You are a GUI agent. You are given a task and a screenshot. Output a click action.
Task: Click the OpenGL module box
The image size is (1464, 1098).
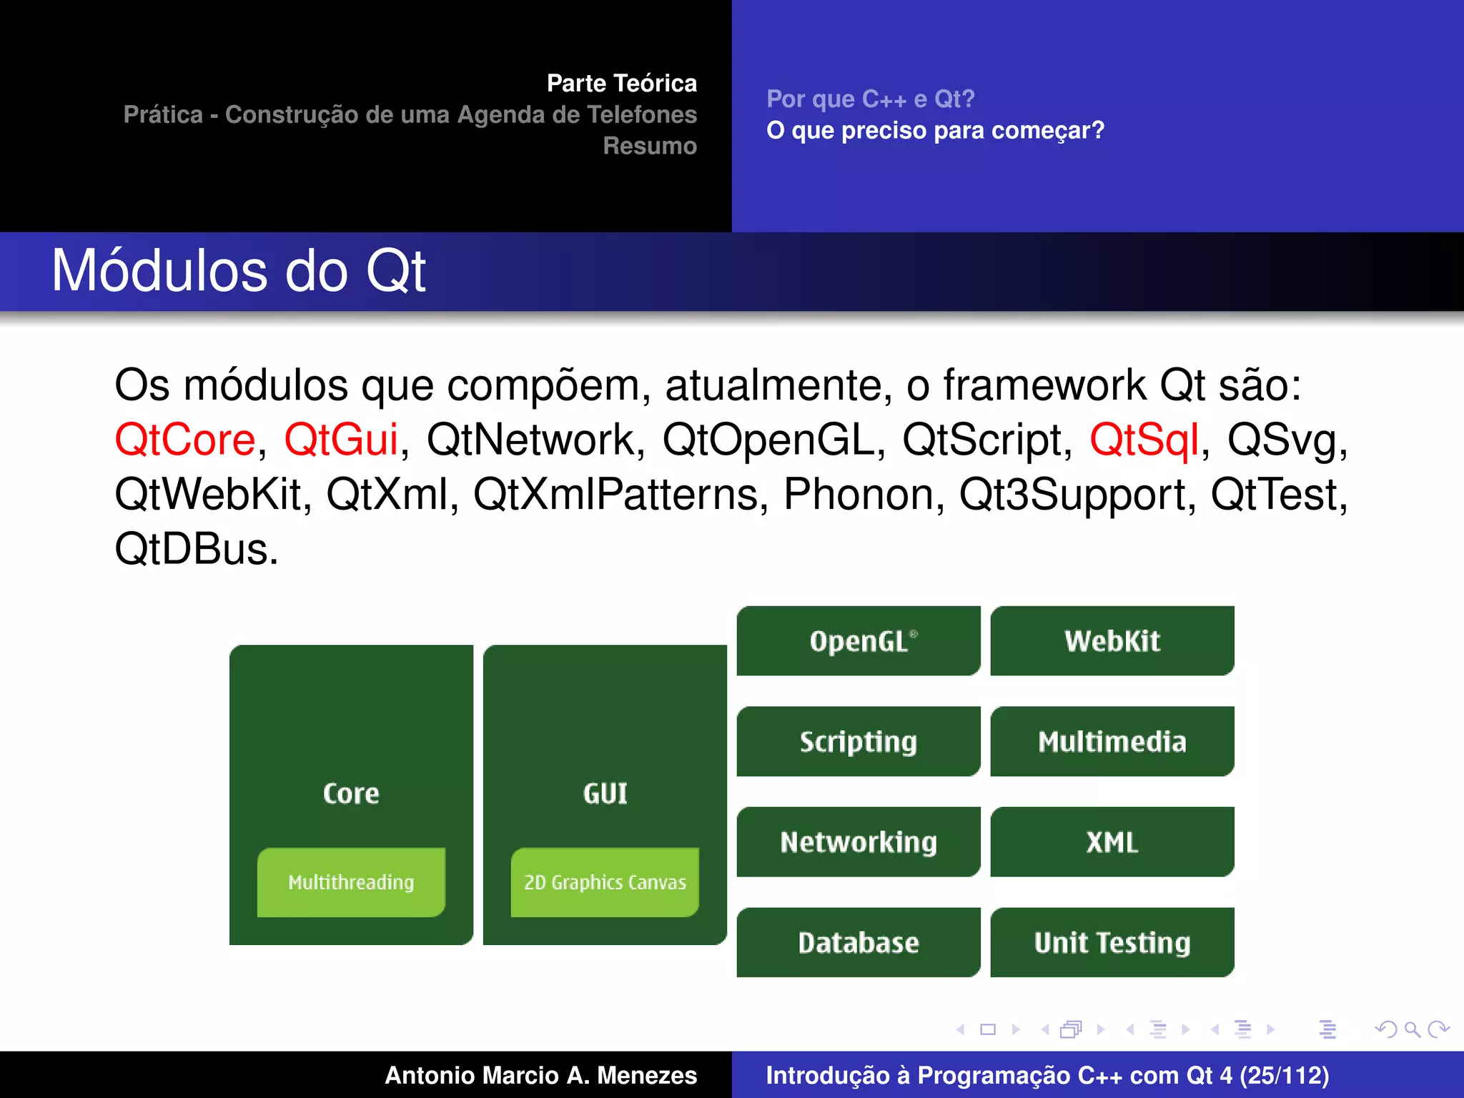[x=858, y=640]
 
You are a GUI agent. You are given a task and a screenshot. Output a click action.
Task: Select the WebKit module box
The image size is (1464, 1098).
[x=1112, y=640]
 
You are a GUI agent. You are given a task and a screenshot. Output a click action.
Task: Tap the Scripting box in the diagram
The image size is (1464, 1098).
[x=858, y=741]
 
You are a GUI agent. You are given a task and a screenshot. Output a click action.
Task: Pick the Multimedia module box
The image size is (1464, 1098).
[x=1112, y=741]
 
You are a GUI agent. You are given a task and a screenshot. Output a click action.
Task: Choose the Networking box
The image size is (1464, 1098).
[x=858, y=842]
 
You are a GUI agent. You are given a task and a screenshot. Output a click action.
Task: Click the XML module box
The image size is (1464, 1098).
[x=1112, y=842]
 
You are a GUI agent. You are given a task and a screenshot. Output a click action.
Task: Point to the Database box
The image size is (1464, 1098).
[x=858, y=942]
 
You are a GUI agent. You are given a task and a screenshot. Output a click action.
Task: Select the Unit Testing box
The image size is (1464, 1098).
[x=1112, y=942]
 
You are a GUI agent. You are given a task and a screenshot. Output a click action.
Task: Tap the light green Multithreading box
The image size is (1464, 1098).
[x=351, y=882]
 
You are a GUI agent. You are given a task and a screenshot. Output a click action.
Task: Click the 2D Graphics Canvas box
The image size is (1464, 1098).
[x=605, y=882]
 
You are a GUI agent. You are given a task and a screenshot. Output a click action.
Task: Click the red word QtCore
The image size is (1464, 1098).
[x=185, y=439]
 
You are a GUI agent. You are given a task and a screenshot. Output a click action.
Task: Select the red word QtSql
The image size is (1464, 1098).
[x=1144, y=439]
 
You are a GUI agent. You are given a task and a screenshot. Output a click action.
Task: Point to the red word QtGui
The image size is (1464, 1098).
[x=341, y=439]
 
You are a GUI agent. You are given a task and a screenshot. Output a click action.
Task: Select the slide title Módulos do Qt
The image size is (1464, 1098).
[x=239, y=271]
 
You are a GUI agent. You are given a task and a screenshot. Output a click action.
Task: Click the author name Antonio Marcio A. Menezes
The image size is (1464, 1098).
[x=540, y=1075]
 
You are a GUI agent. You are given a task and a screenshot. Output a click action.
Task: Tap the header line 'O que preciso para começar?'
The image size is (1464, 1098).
[x=935, y=130]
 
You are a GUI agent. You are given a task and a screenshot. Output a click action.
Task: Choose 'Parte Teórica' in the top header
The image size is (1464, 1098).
[x=621, y=83]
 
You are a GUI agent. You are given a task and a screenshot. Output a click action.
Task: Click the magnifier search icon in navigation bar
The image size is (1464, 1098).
[x=1412, y=1029]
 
